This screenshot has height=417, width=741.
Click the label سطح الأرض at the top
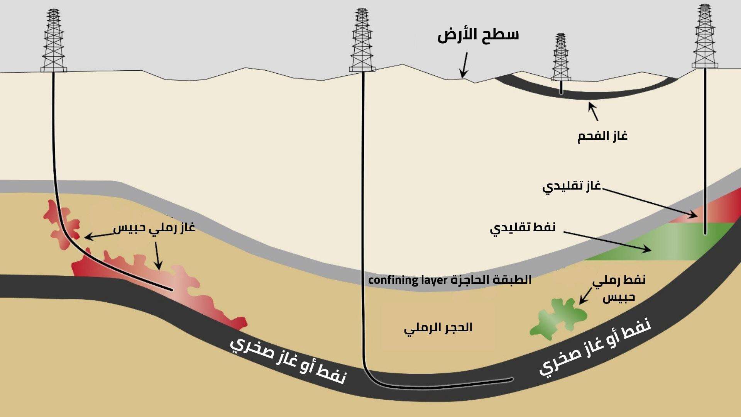click(478, 36)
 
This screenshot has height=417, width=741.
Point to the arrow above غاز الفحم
click(594, 112)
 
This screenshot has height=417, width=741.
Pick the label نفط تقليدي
click(523, 227)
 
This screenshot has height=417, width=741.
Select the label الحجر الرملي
click(438, 328)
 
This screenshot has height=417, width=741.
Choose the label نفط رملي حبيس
click(619, 289)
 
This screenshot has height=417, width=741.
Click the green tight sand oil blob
click(558, 319)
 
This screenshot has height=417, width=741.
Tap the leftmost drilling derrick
click(54, 41)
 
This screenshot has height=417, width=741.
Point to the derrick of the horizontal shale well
click(362, 40)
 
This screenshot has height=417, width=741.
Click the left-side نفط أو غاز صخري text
click(288, 361)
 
